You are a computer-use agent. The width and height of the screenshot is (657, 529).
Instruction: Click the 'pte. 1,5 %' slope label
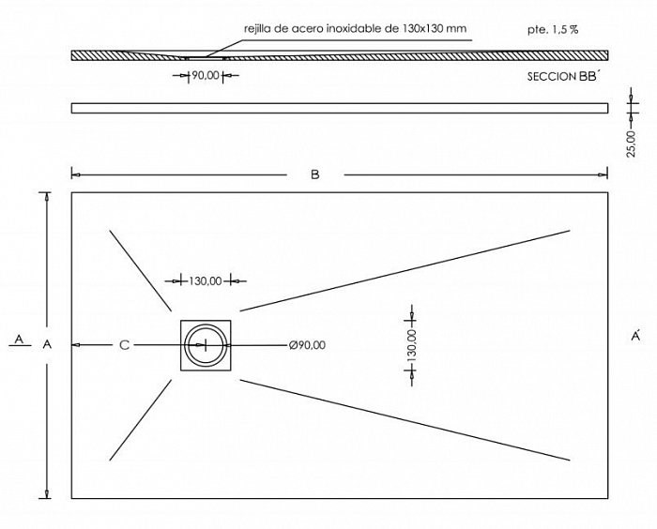tap(553, 30)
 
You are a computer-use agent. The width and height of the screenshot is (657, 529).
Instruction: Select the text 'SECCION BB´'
tap(563, 77)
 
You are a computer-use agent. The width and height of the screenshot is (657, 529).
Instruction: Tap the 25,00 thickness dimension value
tap(631, 144)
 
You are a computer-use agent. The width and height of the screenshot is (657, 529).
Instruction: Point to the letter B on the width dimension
tap(315, 174)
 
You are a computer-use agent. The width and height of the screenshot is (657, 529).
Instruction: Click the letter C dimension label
tap(125, 345)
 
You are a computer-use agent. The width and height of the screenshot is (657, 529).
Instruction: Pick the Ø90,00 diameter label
tap(307, 345)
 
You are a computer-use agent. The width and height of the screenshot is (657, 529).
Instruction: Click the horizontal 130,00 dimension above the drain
tap(206, 280)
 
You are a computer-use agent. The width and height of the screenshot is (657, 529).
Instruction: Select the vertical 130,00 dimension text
tap(411, 345)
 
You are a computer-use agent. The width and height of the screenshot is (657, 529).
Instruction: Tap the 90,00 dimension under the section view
tap(206, 75)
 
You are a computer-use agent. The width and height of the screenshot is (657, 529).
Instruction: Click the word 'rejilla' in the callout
tap(257, 28)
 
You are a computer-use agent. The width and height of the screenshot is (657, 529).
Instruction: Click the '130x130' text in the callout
tap(423, 28)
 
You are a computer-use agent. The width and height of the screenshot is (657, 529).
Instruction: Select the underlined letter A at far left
tap(19, 340)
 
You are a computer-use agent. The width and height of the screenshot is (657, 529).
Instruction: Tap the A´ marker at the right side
tap(635, 336)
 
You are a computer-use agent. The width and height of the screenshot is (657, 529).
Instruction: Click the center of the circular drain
tap(206, 345)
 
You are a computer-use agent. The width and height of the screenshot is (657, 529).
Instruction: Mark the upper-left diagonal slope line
tap(141, 270)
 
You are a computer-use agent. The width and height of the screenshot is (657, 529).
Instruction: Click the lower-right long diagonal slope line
tap(405, 419)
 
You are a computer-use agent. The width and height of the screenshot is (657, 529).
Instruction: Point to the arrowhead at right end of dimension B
tap(603, 174)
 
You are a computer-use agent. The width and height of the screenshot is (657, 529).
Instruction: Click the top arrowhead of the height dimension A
tap(47, 198)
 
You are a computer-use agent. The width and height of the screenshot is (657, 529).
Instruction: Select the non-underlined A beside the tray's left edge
tap(47, 344)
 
